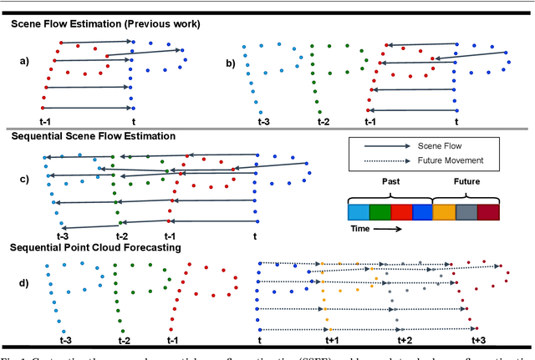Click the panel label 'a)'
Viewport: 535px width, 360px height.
click(26, 60)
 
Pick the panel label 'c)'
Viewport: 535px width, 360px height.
click(26, 178)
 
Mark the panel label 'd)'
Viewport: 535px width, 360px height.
click(26, 283)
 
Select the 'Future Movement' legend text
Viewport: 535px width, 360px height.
click(451, 161)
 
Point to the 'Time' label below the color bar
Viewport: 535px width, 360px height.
click(361, 227)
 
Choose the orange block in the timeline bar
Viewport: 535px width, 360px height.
click(444, 210)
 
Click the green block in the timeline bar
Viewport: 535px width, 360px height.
click(380, 210)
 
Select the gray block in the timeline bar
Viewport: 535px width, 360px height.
click(466, 210)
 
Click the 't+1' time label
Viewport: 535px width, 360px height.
click(330, 341)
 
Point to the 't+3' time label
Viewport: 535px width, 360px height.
click(478, 341)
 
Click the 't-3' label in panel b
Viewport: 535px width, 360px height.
click(262, 122)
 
